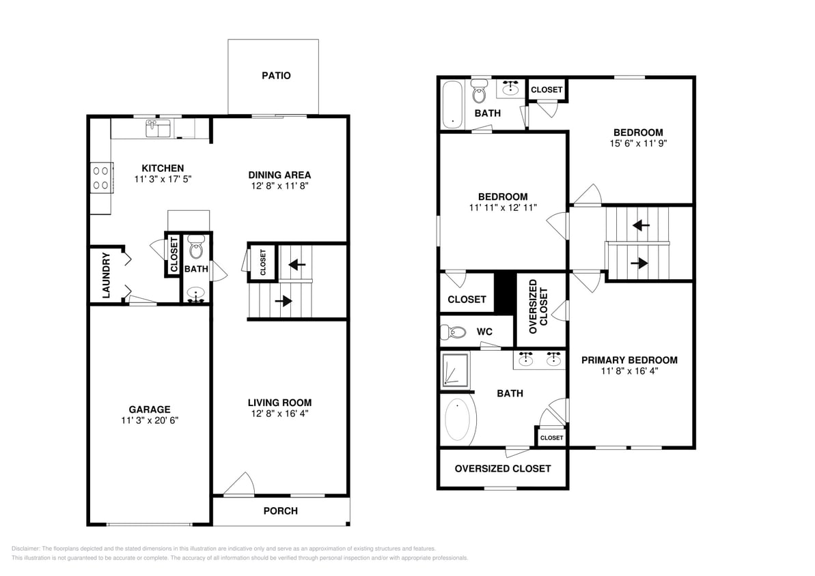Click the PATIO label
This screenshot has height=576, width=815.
point(276,76)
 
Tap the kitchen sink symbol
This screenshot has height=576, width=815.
point(158,128)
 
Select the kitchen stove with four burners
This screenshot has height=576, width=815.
point(100,177)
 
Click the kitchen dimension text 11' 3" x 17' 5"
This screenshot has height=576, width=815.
point(163,180)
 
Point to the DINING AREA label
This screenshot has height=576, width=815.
point(279,175)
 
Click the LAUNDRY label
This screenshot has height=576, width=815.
point(107,276)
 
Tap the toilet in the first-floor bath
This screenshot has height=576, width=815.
point(196,248)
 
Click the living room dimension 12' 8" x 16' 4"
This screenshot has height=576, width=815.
point(279,413)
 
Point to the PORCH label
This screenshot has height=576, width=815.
point(280,510)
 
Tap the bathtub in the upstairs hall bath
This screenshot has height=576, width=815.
point(452,104)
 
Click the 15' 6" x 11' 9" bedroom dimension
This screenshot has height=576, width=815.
point(637,144)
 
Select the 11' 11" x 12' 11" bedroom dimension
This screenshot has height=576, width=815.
point(502,207)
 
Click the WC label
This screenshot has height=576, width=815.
point(484,332)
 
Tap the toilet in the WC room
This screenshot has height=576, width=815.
point(455,332)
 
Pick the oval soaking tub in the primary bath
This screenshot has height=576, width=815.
point(458,420)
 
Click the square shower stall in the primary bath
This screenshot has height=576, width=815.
point(455,369)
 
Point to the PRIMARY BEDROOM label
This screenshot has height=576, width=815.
point(629,360)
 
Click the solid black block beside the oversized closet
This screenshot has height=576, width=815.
point(504,293)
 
